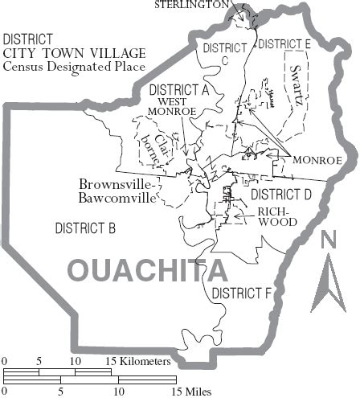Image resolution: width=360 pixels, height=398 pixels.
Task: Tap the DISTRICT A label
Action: [x=178, y=89]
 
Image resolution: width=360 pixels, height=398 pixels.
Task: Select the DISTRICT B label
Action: [x=85, y=228]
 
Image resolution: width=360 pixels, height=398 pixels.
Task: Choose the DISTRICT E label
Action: [x=285, y=43]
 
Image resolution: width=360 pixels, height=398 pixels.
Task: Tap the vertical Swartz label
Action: [x=298, y=80]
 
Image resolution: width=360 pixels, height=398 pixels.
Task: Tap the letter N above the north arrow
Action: [x=328, y=240]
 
